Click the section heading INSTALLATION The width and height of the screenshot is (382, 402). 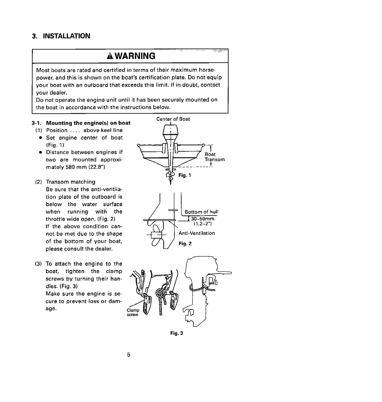coord(66,36)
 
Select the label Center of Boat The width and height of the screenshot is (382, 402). coord(173,119)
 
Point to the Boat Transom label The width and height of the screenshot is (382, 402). coord(215,157)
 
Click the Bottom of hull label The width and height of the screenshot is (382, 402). coord(201,212)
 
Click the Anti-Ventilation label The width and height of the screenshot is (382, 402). coord(197,233)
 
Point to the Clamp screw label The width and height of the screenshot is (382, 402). coord(132,312)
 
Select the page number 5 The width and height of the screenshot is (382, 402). coord(129,355)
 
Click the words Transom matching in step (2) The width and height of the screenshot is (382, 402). coord(70,182)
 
